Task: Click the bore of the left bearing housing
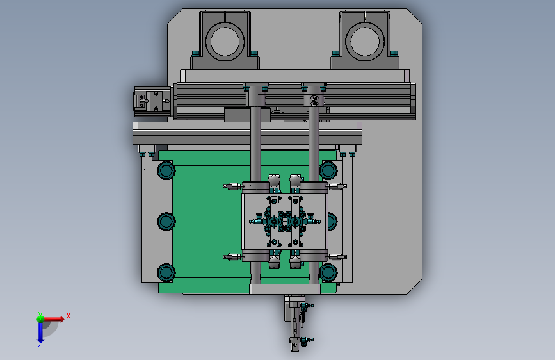(x=225, y=41)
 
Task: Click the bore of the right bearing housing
(x=365, y=41)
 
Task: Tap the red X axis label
(x=68, y=316)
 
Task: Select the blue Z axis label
(x=40, y=344)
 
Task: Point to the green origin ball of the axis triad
(x=40, y=319)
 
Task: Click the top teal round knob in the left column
(x=166, y=170)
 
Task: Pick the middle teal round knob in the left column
(x=166, y=222)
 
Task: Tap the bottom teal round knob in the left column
(x=166, y=273)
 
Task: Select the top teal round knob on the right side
(x=328, y=170)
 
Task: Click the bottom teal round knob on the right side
(x=328, y=273)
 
